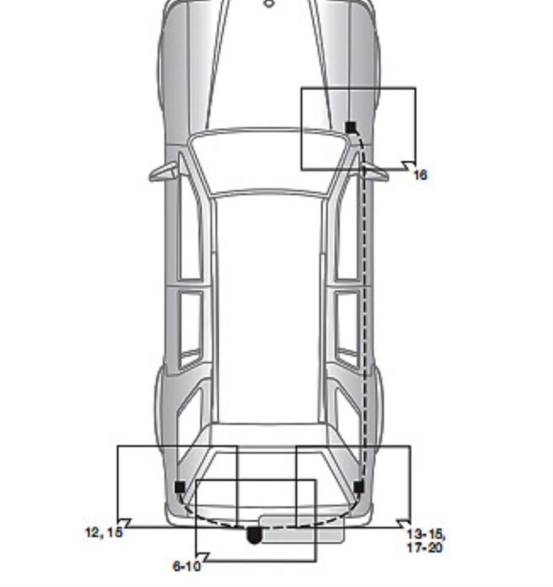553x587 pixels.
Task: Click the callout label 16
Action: tap(420, 175)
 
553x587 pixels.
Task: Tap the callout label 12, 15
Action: tap(104, 532)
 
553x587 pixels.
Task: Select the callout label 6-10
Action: tap(187, 566)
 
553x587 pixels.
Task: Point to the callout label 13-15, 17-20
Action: tap(426, 541)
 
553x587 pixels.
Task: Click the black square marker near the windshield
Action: tap(351, 127)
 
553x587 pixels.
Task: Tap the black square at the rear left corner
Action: tap(180, 487)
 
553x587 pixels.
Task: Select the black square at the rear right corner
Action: tap(359, 487)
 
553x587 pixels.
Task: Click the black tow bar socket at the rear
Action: tap(254, 535)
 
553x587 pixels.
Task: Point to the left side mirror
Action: tap(164, 172)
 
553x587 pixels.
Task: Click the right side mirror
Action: tap(375, 172)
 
